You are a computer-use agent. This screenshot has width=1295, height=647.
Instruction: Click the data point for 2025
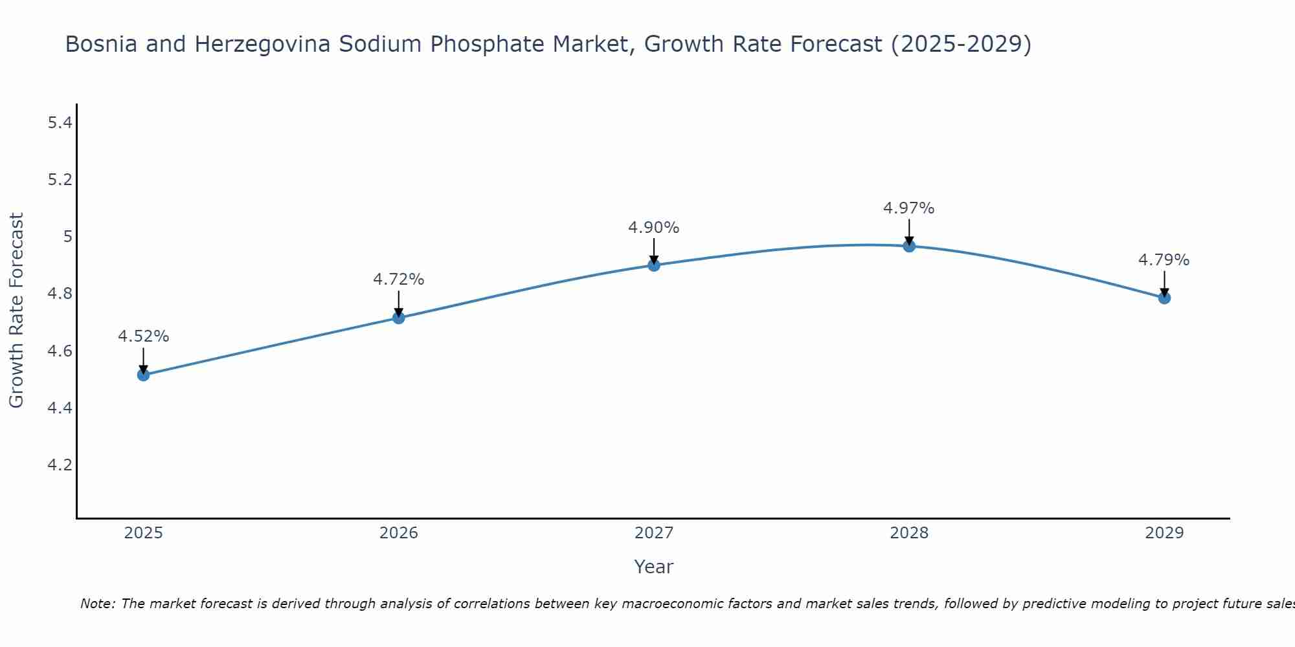[143, 375]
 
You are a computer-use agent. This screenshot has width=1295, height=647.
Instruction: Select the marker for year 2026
[398, 318]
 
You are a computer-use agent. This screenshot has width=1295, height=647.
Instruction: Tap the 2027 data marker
[653, 265]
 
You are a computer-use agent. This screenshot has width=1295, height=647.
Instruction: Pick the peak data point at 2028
[908, 246]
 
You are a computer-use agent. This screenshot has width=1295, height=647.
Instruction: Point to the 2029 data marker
[1164, 298]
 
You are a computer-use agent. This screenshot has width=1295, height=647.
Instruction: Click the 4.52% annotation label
[143, 336]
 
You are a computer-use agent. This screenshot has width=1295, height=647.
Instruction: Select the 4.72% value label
[398, 280]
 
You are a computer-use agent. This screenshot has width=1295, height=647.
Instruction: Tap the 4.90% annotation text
[653, 228]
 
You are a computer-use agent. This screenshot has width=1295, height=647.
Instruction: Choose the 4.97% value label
[908, 208]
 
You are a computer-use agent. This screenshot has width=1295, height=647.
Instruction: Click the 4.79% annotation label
[1164, 260]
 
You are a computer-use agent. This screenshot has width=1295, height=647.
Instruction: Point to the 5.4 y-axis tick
[60, 123]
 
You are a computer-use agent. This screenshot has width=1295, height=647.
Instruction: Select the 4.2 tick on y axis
[60, 465]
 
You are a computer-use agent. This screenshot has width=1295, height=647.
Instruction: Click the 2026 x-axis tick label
[398, 533]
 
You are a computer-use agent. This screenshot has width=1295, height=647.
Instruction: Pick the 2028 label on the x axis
[908, 533]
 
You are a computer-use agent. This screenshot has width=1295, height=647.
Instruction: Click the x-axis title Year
[653, 567]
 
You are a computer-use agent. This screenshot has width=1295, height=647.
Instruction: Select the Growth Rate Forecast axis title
[16, 311]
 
